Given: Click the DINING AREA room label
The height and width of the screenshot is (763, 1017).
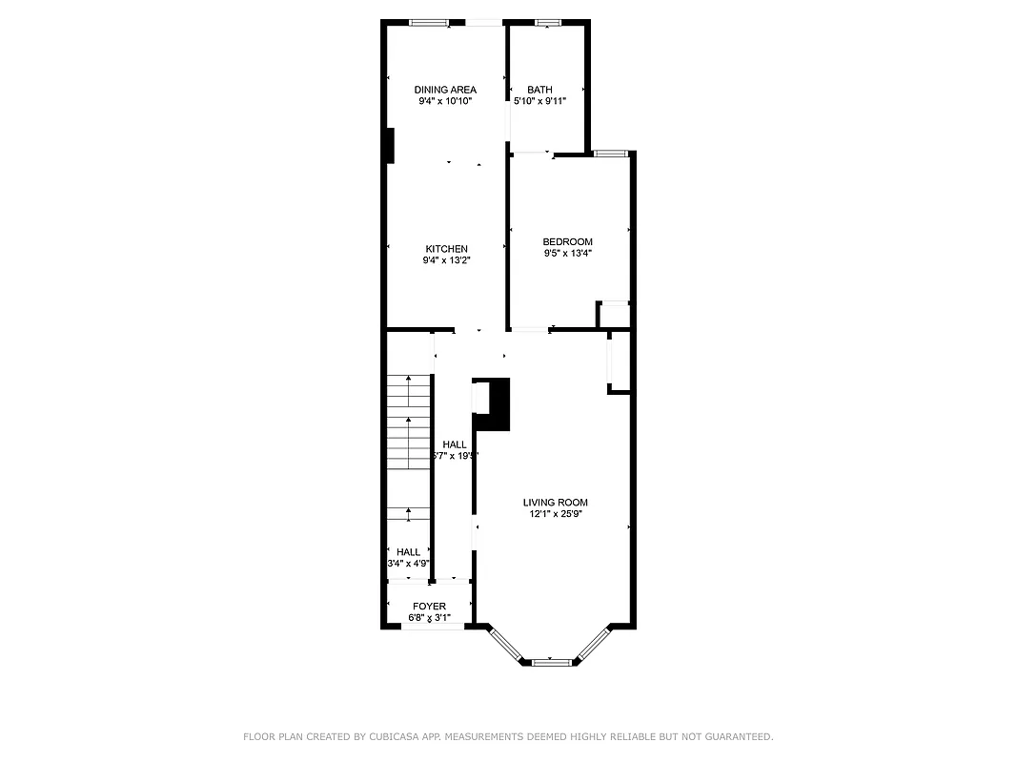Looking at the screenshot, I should click(445, 90).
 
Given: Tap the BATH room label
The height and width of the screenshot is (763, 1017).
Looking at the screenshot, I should click(539, 90).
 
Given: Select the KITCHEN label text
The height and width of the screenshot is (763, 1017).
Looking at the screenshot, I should click(446, 249).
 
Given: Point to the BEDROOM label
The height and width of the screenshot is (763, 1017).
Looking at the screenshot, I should click(567, 242).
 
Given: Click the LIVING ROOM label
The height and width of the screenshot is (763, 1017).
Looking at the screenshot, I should click(555, 503).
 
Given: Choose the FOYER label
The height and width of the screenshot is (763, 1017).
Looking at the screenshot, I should click(429, 607).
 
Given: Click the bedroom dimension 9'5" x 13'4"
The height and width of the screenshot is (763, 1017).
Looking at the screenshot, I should click(567, 254).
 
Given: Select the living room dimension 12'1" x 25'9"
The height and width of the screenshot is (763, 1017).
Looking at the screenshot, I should click(556, 514).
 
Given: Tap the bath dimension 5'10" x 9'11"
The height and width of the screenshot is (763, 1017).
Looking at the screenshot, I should click(540, 101).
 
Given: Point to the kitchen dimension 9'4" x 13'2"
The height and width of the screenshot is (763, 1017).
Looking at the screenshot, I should click(446, 260).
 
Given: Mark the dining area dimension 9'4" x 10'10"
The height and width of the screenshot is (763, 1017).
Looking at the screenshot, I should click(445, 101).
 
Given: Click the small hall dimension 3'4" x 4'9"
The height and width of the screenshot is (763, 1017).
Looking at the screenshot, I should click(408, 564).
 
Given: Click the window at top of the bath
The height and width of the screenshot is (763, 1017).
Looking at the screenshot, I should click(548, 22).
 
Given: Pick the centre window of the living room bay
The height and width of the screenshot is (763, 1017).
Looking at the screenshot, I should click(549, 661).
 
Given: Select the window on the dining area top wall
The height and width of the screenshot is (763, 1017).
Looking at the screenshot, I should click(429, 22).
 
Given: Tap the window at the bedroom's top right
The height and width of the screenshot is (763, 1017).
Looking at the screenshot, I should click(610, 153).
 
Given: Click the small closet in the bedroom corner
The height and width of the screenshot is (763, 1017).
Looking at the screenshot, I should click(613, 315).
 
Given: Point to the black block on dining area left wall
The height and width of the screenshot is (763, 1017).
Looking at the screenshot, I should click(389, 146).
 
